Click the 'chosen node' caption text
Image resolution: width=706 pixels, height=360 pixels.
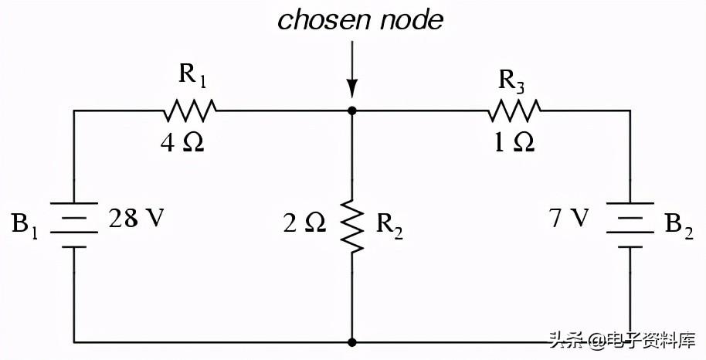360,20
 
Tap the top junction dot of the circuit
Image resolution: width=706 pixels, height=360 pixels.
352,110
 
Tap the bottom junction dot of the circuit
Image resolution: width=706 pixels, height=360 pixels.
352,341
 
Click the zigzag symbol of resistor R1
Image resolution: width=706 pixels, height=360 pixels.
190,110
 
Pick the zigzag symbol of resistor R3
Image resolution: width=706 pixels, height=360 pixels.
514,110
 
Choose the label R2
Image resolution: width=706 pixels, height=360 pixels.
390,226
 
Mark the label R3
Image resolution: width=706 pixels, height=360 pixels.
513,78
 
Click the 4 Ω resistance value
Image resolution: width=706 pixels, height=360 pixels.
182,144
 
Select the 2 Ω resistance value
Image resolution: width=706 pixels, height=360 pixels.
304,224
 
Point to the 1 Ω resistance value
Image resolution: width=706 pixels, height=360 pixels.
514,144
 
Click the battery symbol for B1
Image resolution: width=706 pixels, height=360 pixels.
74,225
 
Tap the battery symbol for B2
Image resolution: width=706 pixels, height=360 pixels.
630,225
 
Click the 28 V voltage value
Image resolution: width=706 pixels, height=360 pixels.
137,219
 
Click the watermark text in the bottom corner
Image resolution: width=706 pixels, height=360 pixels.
622,340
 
